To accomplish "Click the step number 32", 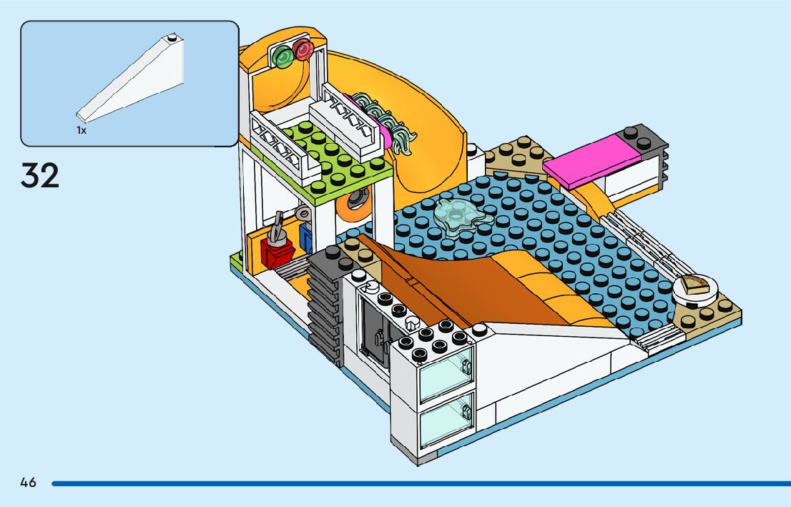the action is pyautogui.click(x=40, y=175).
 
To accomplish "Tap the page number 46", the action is pyautogui.click(x=28, y=483).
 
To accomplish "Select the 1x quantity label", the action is pyautogui.click(x=82, y=131).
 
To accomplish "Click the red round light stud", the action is pyautogui.click(x=303, y=49).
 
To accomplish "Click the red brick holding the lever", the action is pyautogui.click(x=277, y=251).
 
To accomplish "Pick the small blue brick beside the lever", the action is pyautogui.click(x=307, y=238).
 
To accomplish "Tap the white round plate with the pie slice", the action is pyautogui.click(x=694, y=288).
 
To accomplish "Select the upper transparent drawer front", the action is pyautogui.click(x=445, y=372).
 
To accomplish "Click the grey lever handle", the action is pyautogui.click(x=276, y=226).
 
